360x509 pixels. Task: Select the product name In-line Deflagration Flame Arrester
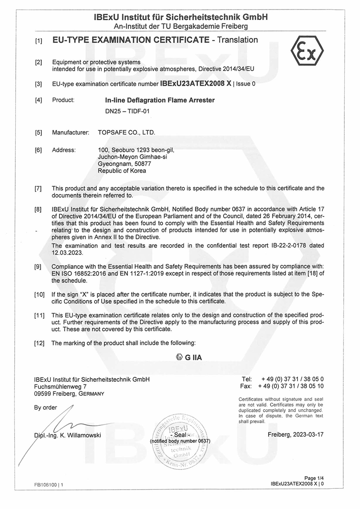pos(157,100)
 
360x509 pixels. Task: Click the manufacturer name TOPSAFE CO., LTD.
pos(126,133)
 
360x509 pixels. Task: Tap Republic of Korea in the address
pos(122,171)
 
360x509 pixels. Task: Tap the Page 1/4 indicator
pos(314,478)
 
